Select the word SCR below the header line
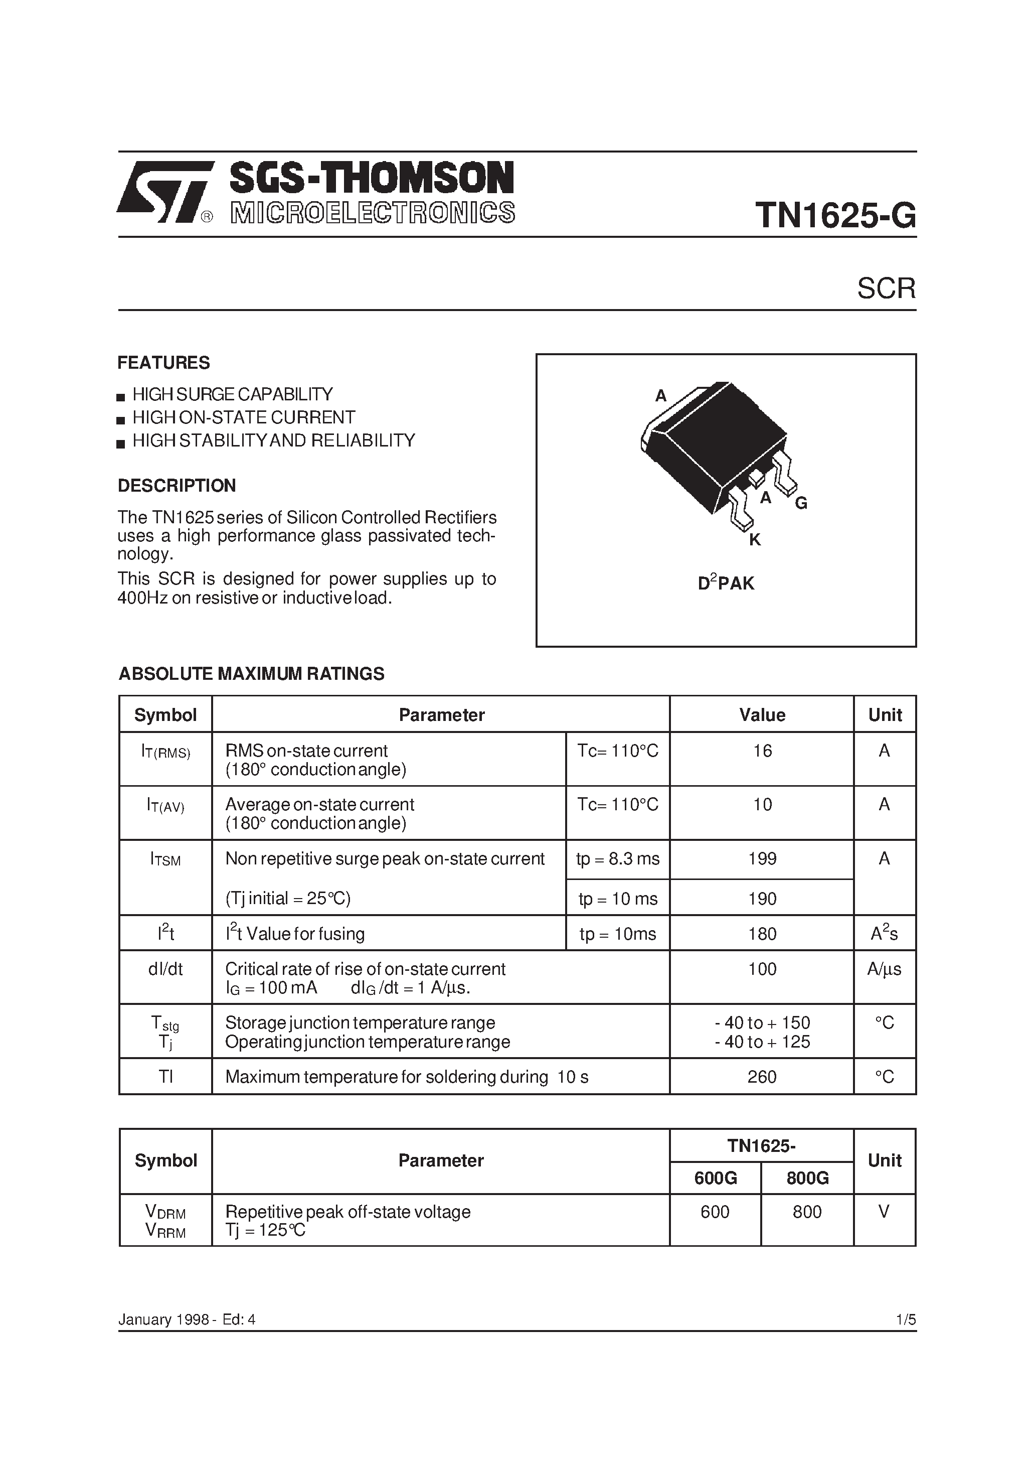click(886, 289)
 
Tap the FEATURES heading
click(163, 363)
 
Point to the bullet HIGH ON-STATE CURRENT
click(243, 418)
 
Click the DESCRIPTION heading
click(177, 486)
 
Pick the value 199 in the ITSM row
click(762, 859)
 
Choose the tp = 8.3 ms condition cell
click(618, 859)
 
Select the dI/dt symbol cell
click(165, 969)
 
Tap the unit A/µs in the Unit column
click(884, 969)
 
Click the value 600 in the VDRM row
click(715, 1212)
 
